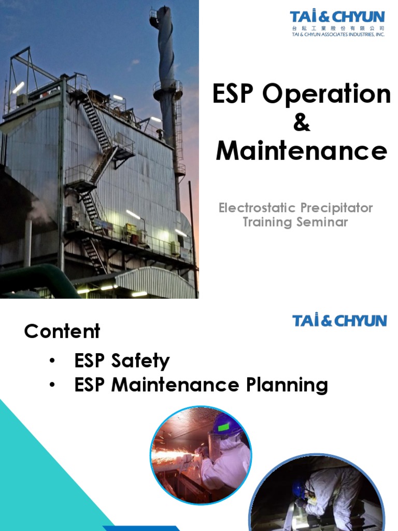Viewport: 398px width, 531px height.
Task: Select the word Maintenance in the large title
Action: [301, 151]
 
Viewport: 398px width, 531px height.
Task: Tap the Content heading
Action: [62, 331]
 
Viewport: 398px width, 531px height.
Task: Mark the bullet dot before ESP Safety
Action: [53, 361]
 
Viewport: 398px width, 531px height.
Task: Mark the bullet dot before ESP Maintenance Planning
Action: [53, 385]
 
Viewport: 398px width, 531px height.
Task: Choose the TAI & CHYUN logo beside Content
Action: [339, 320]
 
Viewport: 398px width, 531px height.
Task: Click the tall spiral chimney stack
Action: [167, 67]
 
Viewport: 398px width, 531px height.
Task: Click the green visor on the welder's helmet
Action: [224, 427]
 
